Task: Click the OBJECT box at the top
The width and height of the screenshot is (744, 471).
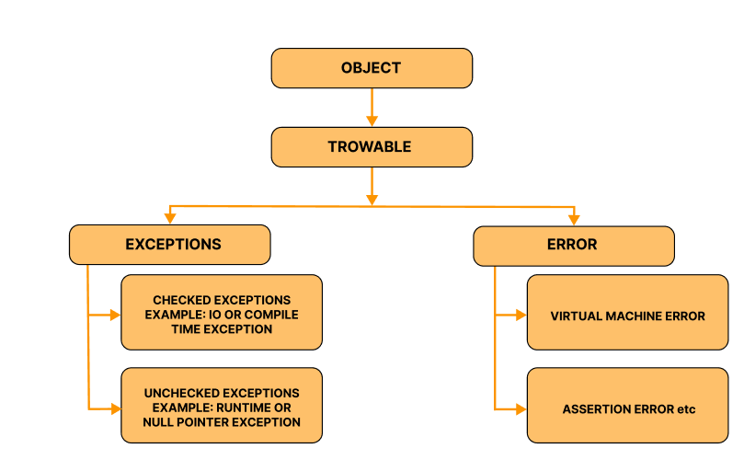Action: pos(371,68)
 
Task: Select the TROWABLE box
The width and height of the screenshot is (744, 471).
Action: pos(371,146)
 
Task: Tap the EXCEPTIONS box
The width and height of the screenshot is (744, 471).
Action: pos(170,245)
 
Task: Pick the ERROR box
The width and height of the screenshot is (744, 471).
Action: pos(573,245)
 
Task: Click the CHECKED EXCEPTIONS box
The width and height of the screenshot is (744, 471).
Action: pos(222,313)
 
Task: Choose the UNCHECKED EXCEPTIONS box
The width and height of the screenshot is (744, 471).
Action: pos(222,406)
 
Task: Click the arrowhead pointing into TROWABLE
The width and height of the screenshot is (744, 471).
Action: pos(372,120)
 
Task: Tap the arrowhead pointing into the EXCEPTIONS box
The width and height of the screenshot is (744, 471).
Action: pos(170,218)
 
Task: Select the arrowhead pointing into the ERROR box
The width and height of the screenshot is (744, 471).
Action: pos(574,218)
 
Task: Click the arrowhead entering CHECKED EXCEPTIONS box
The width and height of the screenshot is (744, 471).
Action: pos(115,315)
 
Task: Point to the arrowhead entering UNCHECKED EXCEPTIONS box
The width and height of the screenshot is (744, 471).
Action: pos(115,408)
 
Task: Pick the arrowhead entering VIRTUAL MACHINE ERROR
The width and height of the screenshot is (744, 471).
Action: pos(521,315)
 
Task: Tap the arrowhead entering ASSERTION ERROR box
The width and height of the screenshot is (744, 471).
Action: pos(521,408)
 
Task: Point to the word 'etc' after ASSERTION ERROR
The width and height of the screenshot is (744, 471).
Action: pos(685,408)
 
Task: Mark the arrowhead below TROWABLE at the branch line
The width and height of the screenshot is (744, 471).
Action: pos(372,198)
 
